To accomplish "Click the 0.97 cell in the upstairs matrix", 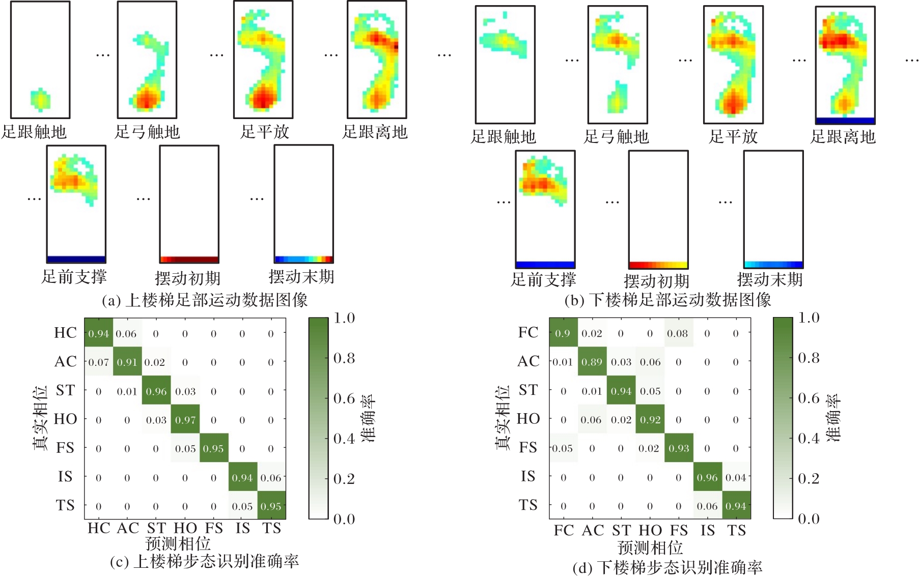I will point(185,420).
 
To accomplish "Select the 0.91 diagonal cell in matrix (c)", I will point(127,362).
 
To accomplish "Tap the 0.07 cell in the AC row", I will point(98,362).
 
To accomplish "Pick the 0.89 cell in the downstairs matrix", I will point(592,362).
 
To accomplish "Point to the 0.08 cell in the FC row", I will point(678,333).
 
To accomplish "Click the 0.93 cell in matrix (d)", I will point(679,448).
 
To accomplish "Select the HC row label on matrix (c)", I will point(66,333).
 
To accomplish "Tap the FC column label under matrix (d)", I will point(564,530).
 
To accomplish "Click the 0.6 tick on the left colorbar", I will point(344,398).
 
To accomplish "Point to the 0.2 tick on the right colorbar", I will point(809,478).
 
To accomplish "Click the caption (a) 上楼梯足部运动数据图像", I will point(205,300).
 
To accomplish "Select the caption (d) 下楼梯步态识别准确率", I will point(667,567).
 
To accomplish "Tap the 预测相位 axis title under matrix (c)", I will point(178,543).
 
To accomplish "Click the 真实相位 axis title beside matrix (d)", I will point(503,417).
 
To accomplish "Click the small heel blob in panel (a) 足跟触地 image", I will point(40,99).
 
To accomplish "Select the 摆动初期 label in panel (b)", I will point(656,281).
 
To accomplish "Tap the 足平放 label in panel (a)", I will point(265,132).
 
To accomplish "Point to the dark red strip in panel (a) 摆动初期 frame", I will point(189,259).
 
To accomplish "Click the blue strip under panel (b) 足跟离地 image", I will point(845,121).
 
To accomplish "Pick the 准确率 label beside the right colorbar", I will point(833,418).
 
